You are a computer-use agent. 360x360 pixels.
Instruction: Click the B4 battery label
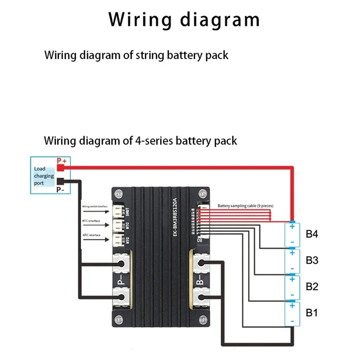[312, 234]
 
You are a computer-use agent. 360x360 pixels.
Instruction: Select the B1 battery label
[312, 311]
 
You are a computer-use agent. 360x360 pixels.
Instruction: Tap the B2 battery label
[312, 286]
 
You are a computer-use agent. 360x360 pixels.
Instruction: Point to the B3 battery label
[312, 260]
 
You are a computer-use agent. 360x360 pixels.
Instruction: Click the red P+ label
[61, 161]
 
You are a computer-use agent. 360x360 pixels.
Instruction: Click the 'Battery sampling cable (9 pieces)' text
[245, 206]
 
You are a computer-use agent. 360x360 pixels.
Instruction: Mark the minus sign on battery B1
[292, 320]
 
